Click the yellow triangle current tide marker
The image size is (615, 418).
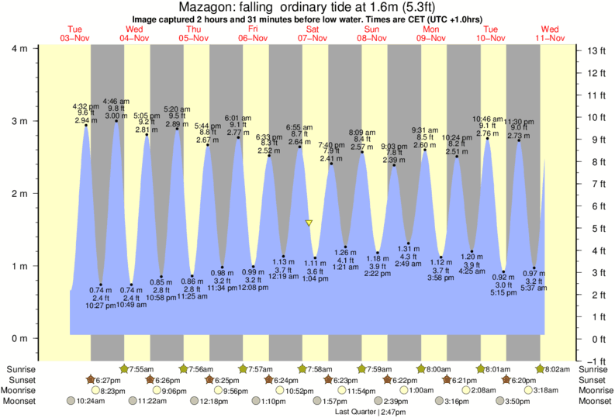coord(309,223)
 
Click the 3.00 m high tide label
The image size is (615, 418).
coord(116,116)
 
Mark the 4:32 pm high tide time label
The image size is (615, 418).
coord(85,105)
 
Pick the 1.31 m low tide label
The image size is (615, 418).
coord(408,248)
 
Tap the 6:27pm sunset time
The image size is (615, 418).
coord(111,380)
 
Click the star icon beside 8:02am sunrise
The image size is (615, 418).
coord(540,368)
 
